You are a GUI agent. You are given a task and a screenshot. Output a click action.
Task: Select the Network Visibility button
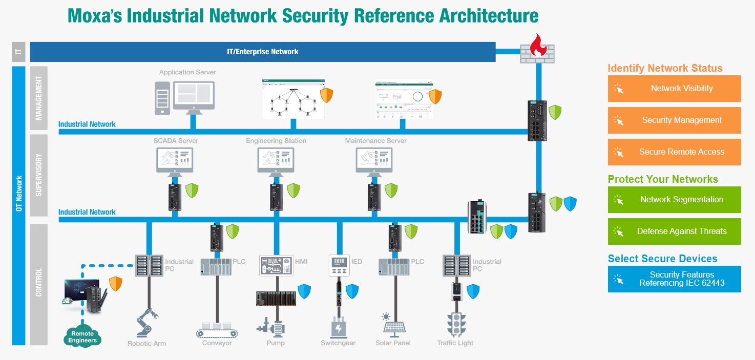tap(674, 89)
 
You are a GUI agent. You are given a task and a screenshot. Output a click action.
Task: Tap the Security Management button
tap(674, 120)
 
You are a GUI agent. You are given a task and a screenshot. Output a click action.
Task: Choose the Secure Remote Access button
tap(674, 152)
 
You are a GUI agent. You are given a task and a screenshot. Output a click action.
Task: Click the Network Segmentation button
tap(674, 200)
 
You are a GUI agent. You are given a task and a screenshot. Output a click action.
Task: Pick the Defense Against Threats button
tap(674, 231)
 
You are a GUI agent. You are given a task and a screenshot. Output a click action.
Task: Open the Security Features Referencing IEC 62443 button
tap(674, 279)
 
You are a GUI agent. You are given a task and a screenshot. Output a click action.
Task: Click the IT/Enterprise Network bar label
tap(262, 52)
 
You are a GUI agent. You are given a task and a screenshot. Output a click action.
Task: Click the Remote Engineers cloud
tap(82, 336)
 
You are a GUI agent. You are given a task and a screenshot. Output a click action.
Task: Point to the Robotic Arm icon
tap(146, 323)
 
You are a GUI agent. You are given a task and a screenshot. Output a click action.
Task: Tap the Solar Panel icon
tap(393, 324)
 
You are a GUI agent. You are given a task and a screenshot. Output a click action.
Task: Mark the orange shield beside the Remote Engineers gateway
tap(116, 284)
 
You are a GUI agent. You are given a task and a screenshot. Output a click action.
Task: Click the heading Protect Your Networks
tap(663, 179)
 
